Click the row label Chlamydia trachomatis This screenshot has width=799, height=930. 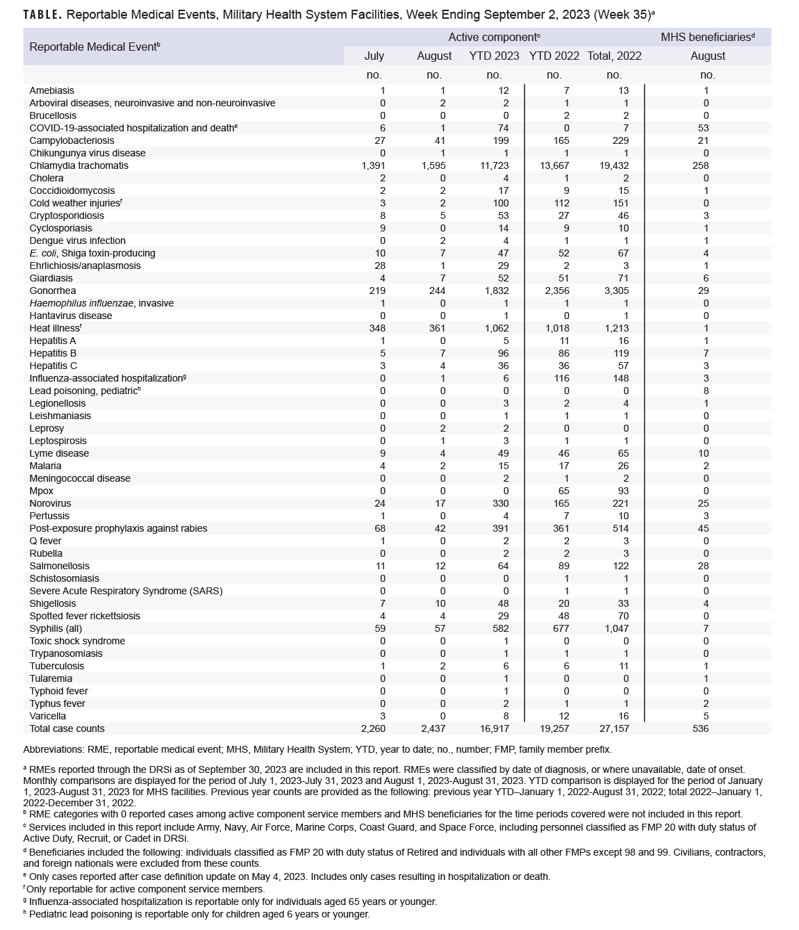[79, 165]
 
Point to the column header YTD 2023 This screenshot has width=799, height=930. [494, 56]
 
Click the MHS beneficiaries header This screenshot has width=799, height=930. [707, 37]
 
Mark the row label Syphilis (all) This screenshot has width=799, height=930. [58, 628]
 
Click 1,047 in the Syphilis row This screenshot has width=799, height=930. [613, 628]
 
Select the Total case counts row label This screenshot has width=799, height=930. [67, 728]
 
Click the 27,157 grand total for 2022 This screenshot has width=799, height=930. [613, 728]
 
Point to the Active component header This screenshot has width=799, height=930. [494, 37]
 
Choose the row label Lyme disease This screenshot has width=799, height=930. [59, 453]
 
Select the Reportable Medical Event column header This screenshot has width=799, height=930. [94, 47]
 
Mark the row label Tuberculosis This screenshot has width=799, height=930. [56, 666]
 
